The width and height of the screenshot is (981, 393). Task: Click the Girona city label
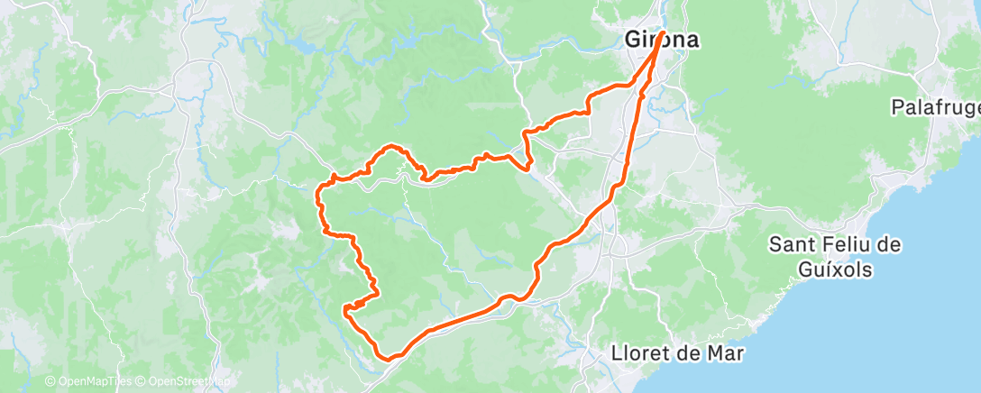pos(664,41)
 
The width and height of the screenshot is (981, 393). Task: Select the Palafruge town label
pos(935,108)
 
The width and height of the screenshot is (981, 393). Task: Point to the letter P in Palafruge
pos(897,108)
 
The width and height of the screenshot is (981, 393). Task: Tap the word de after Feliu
pos(890,244)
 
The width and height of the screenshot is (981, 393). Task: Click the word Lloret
pos(638,353)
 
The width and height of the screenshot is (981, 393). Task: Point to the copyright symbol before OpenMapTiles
pos(50,382)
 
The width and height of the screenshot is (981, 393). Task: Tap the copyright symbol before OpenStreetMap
pos(141,382)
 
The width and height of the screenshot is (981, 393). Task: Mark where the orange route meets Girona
pos(663,32)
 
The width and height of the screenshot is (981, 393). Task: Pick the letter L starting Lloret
pos(617,353)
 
